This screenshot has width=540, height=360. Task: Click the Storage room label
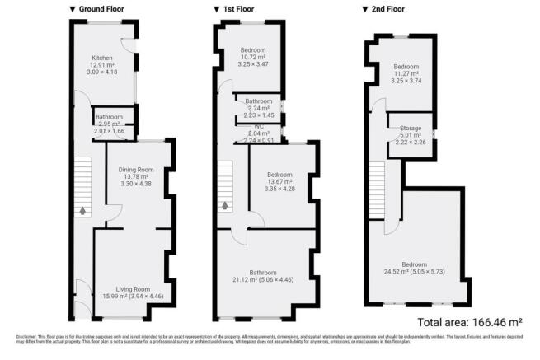411,128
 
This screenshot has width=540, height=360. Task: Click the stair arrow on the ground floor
82,211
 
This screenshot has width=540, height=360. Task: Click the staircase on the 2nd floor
376,185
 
